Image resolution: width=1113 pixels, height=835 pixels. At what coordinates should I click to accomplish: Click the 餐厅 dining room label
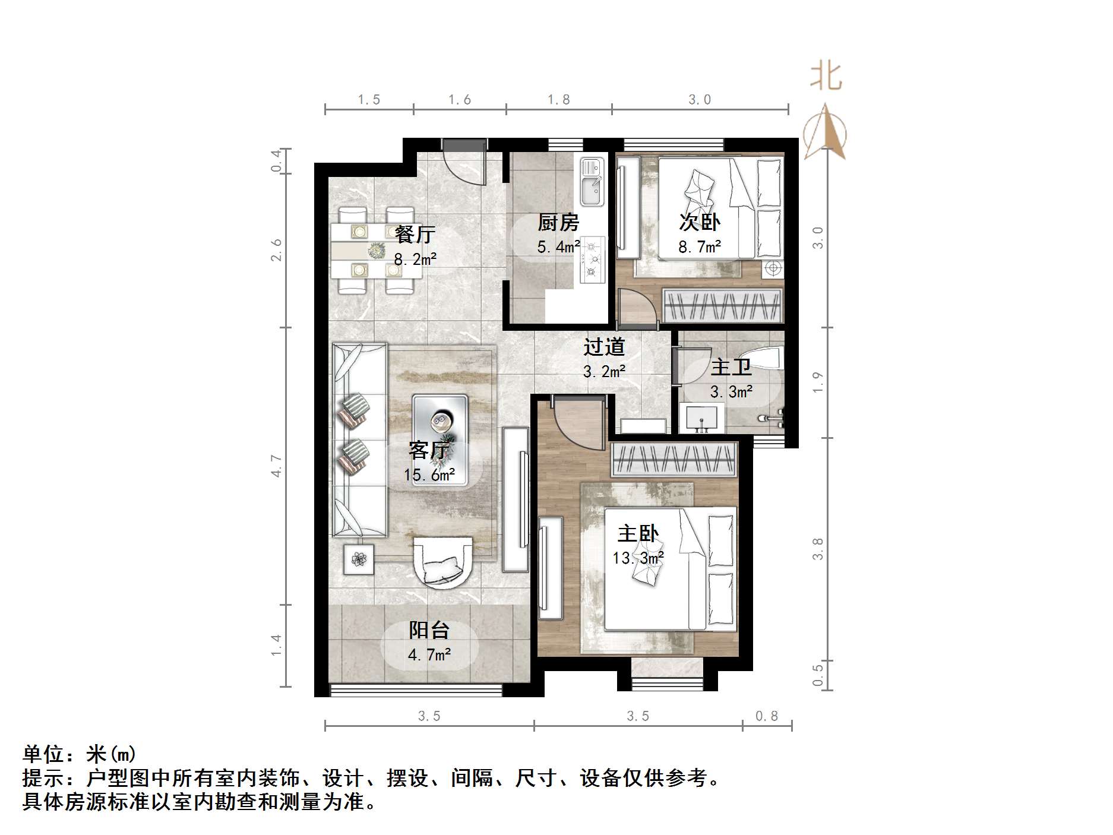coord(415,234)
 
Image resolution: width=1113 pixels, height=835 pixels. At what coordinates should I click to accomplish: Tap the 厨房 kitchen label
coord(558,223)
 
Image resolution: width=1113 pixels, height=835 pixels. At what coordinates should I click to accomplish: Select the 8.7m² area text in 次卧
coord(700,246)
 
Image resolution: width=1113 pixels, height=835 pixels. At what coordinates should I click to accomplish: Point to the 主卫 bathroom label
coord(731,367)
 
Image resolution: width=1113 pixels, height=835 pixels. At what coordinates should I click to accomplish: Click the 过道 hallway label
coord(604,347)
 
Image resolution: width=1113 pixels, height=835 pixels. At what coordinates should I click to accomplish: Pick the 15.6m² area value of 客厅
coord(429,475)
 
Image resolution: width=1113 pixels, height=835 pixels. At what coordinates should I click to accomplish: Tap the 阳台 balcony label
coord(429,630)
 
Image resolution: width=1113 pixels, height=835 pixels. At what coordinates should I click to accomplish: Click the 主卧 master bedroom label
coord(638,533)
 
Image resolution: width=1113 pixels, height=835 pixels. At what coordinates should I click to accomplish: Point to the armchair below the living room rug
coord(443,561)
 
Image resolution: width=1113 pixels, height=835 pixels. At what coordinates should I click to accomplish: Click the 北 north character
coord(826,77)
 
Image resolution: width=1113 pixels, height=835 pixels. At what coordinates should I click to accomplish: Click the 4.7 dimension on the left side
coord(276,466)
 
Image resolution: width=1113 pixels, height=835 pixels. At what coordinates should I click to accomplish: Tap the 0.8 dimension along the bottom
coord(766,716)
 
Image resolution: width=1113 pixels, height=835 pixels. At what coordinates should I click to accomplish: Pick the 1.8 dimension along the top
coord(558,99)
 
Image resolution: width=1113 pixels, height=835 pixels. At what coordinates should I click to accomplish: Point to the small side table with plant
coord(359,559)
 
